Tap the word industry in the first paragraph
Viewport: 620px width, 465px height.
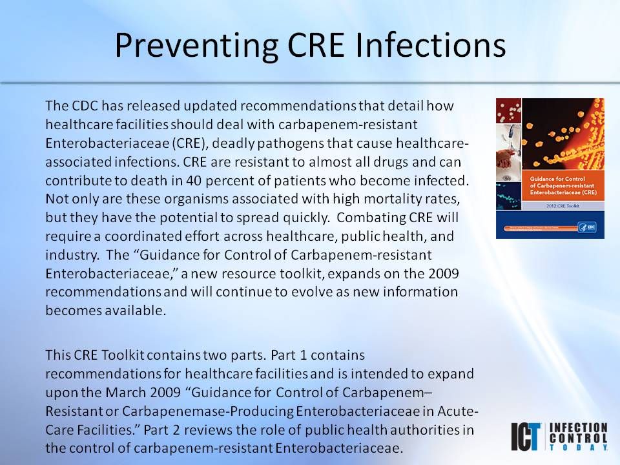click(x=67, y=254)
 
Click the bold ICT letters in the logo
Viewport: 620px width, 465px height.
click(x=527, y=437)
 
